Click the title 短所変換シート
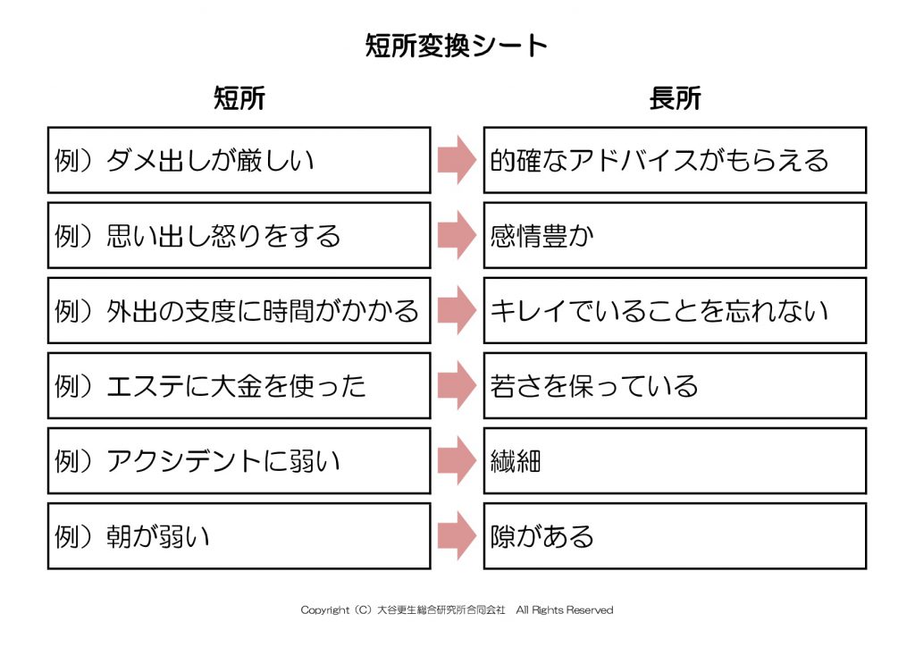(456, 46)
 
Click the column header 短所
(239, 98)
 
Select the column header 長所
(676, 98)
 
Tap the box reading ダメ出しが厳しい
(239, 160)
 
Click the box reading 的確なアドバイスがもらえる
(676, 160)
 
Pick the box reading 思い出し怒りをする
(239, 235)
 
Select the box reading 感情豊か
(676, 235)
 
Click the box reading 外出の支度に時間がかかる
(239, 310)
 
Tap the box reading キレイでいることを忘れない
(676, 310)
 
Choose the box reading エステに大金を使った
(239, 386)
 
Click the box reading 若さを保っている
(676, 386)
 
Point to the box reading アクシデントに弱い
(239, 461)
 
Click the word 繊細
(516, 461)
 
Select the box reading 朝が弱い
(239, 536)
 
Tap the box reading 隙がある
(676, 536)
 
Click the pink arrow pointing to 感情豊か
(457, 235)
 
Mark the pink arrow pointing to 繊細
(457, 461)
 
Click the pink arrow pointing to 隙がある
(457, 536)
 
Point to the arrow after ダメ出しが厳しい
(457, 160)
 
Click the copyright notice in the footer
(457, 610)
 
